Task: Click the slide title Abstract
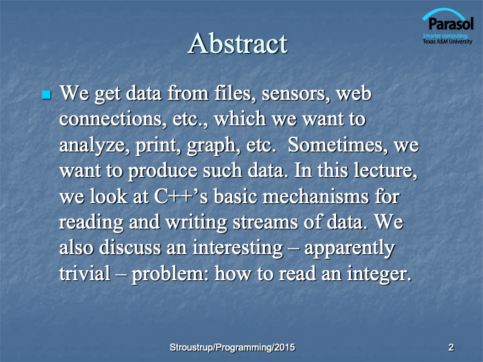coord(237,44)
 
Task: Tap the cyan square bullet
coord(46,95)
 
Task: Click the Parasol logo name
coord(451,23)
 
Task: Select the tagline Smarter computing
coord(445,36)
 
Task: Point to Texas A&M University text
coord(447,42)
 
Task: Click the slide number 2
coord(451,347)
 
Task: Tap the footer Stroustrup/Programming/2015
coord(232,347)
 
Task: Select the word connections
coord(111,119)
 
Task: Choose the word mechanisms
coord(316,196)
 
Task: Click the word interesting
coord(237,248)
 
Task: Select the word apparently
coord(350,249)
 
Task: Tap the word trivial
coord(85,274)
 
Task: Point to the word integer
coord(379,274)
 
